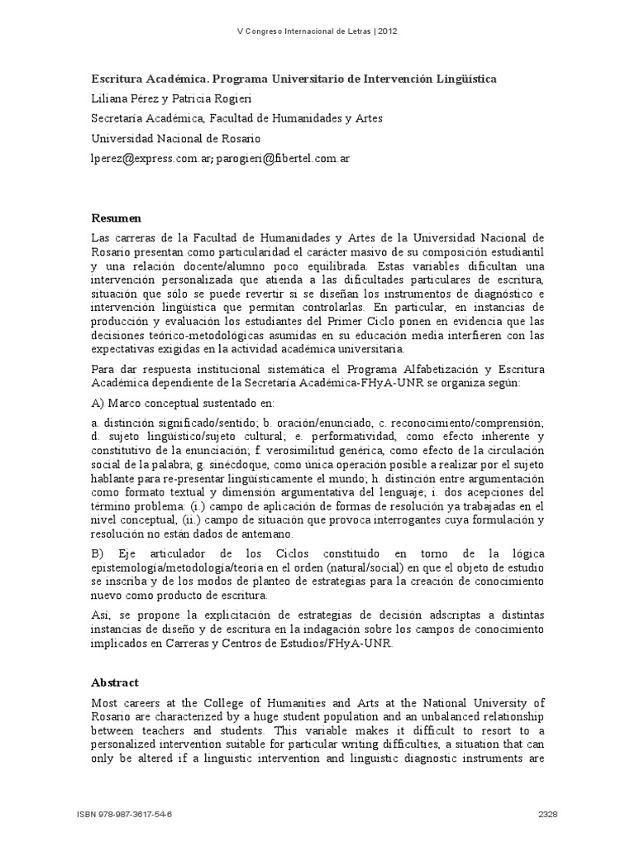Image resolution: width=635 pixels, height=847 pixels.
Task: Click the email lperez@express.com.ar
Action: (x=151, y=158)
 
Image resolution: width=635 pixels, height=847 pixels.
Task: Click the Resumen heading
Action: (x=116, y=218)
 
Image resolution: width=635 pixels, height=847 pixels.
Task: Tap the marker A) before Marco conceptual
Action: (x=98, y=403)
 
